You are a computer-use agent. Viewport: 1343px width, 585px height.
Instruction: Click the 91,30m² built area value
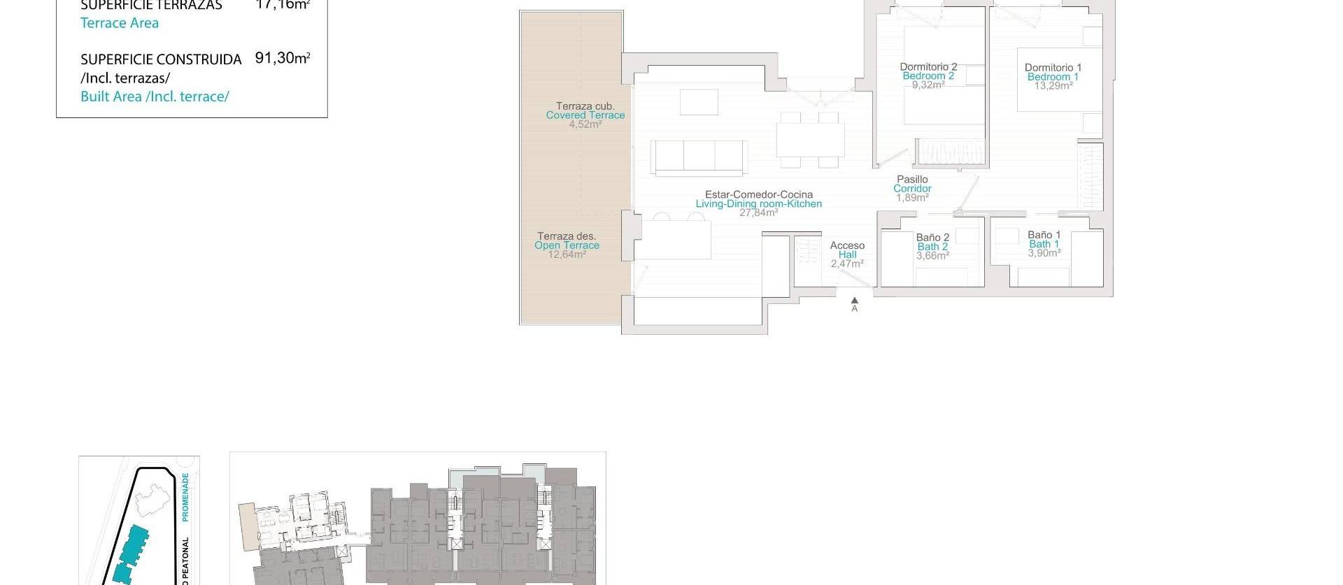coord(282,58)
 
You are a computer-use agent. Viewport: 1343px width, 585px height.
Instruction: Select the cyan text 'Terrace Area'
coord(120,23)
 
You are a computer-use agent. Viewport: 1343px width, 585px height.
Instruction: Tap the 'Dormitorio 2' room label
coord(928,67)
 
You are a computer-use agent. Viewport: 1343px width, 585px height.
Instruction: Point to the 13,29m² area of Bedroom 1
coord(1053,86)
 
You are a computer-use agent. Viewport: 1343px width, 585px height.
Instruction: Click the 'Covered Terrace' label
coord(585,115)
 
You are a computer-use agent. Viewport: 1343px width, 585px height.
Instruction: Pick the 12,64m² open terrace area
coord(567,254)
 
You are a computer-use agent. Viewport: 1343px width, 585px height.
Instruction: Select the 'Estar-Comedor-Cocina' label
coord(758,195)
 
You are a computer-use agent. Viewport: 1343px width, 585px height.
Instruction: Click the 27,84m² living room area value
coord(758,212)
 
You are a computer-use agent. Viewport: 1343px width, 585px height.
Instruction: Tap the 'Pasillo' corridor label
coord(912,180)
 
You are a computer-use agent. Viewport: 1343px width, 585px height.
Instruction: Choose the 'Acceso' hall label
coord(847,245)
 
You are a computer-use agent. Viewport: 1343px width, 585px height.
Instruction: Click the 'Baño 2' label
coord(932,238)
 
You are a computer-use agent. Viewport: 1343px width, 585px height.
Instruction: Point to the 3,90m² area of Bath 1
coord(1044,253)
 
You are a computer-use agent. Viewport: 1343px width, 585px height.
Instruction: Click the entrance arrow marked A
coord(854,302)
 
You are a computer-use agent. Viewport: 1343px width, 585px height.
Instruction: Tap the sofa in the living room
coord(699,157)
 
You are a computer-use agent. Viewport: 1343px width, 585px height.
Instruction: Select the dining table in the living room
coord(810,139)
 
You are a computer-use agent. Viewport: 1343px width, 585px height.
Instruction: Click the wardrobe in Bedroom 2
coord(951,152)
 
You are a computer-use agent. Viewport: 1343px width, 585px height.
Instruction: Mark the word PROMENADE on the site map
coord(185,497)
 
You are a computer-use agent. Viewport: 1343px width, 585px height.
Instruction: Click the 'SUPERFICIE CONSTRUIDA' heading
coord(161,59)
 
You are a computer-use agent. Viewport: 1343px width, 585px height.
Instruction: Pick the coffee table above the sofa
coord(699,102)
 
